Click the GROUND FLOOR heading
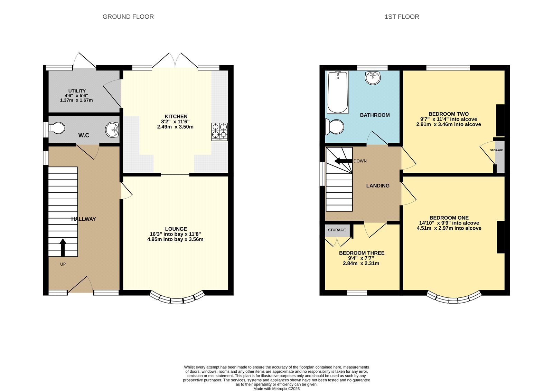(128, 17)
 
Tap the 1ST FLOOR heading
(402, 17)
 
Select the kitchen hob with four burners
(219, 132)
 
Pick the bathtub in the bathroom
(337, 92)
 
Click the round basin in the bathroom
(373, 78)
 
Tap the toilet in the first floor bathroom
(335, 127)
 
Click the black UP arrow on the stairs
(63, 248)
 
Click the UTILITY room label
(77, 91)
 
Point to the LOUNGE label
(176, 229)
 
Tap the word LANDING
(378, 186)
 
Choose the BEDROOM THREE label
(362, 253)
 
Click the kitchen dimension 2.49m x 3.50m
(175, 127)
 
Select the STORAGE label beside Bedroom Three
(337, 230)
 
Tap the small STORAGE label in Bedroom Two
(496, 150)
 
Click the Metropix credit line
(276, 389)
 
